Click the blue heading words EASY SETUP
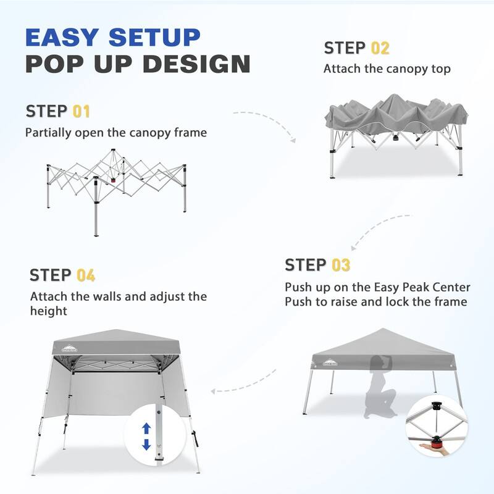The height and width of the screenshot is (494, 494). (113, 37)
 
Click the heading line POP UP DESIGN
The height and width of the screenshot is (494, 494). (137, 64)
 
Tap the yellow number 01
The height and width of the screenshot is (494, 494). (82, 112)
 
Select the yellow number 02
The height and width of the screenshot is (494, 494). (380, 48)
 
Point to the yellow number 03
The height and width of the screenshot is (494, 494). (341, 266)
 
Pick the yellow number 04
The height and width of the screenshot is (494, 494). (86, 275)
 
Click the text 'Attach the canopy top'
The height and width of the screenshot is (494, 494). (387, 69)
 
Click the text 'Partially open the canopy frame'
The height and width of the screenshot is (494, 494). (116, 132)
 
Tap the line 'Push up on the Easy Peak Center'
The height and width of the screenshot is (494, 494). (377, 288)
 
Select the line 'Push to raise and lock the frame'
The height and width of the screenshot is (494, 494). (375, 302)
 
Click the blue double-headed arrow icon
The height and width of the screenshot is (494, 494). (146, 437)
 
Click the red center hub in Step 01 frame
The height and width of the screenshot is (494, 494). (113, 181)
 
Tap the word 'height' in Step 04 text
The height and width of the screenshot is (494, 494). (48, 311)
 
